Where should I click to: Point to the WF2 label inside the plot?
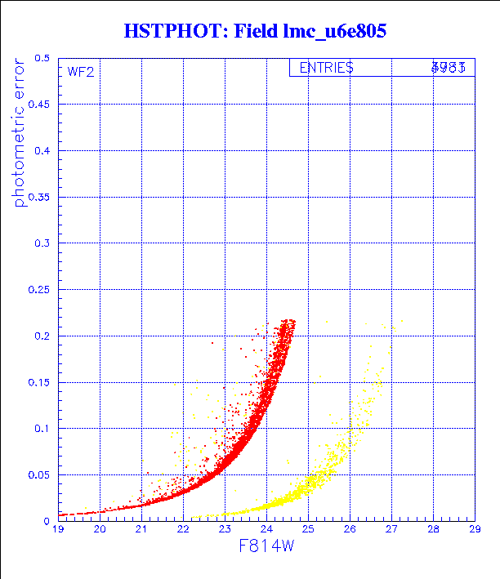pos(80,72)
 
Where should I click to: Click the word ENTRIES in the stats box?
pos(326,69)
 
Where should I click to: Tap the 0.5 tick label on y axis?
pos(42,59)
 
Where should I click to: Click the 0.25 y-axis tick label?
pos(38,289)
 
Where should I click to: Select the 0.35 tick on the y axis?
pos(38,197)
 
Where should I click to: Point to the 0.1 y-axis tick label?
pos(42,428)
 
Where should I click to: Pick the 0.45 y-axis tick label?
pos(38,105)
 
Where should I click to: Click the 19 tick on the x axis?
pos(58,530)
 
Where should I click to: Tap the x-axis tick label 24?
pos(266,530)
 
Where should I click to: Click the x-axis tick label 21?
pos(141,530)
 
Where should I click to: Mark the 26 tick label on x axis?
pos(350,530)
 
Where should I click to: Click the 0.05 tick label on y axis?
pos(38,474)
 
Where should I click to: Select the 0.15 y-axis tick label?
pos(38,381)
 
